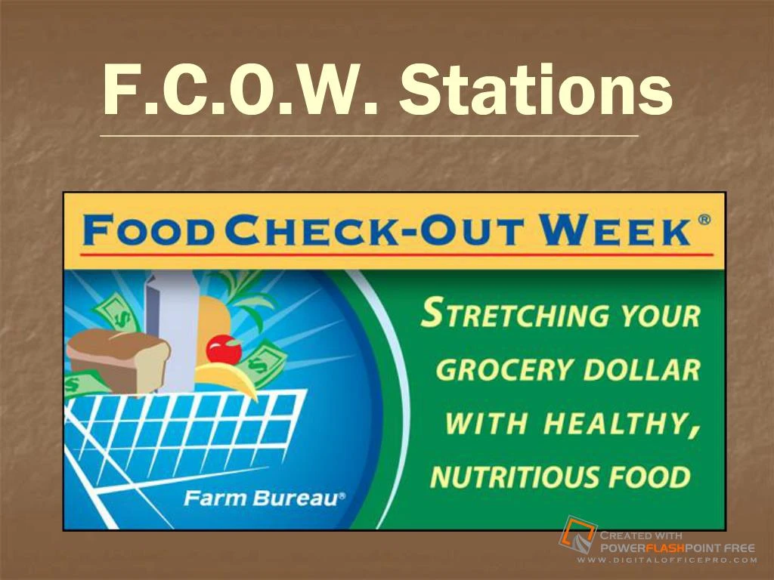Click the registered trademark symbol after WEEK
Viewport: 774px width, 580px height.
[704, 220]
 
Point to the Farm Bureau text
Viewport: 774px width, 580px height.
[265, 498]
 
